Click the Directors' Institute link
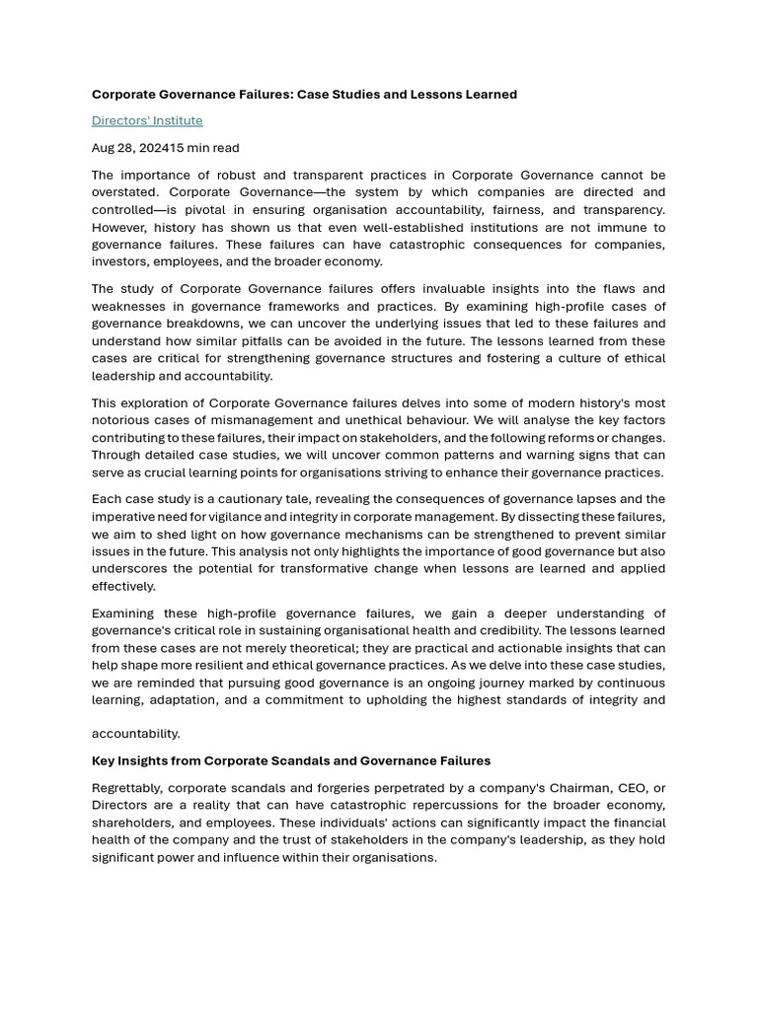(x=147, y=120)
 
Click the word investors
(x=120, y=262)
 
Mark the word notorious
(x=121, y=420)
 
